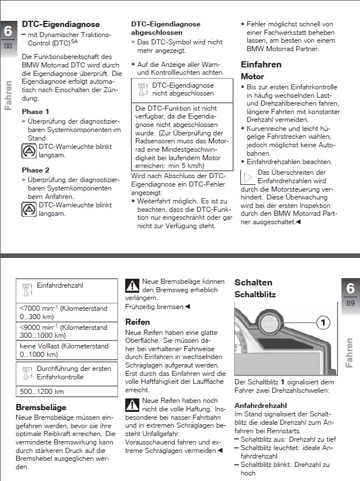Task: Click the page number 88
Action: point(8,46)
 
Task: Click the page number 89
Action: point(350,304)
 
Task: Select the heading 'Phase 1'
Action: point(35,112)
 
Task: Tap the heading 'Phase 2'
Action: point(35,170)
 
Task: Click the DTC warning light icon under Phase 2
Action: point(29,209)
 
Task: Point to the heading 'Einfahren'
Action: point(261,65)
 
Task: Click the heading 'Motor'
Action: point(252,76)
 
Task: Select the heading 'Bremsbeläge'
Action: point(41,407)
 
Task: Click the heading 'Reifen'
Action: point(138,322)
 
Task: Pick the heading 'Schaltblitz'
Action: point(255,294)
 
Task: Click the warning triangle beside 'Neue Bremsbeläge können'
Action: point(132,285)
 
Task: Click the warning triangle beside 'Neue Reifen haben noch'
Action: point(132,404)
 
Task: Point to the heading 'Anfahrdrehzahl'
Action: point(260,405)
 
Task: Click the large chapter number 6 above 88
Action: point(8,31)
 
